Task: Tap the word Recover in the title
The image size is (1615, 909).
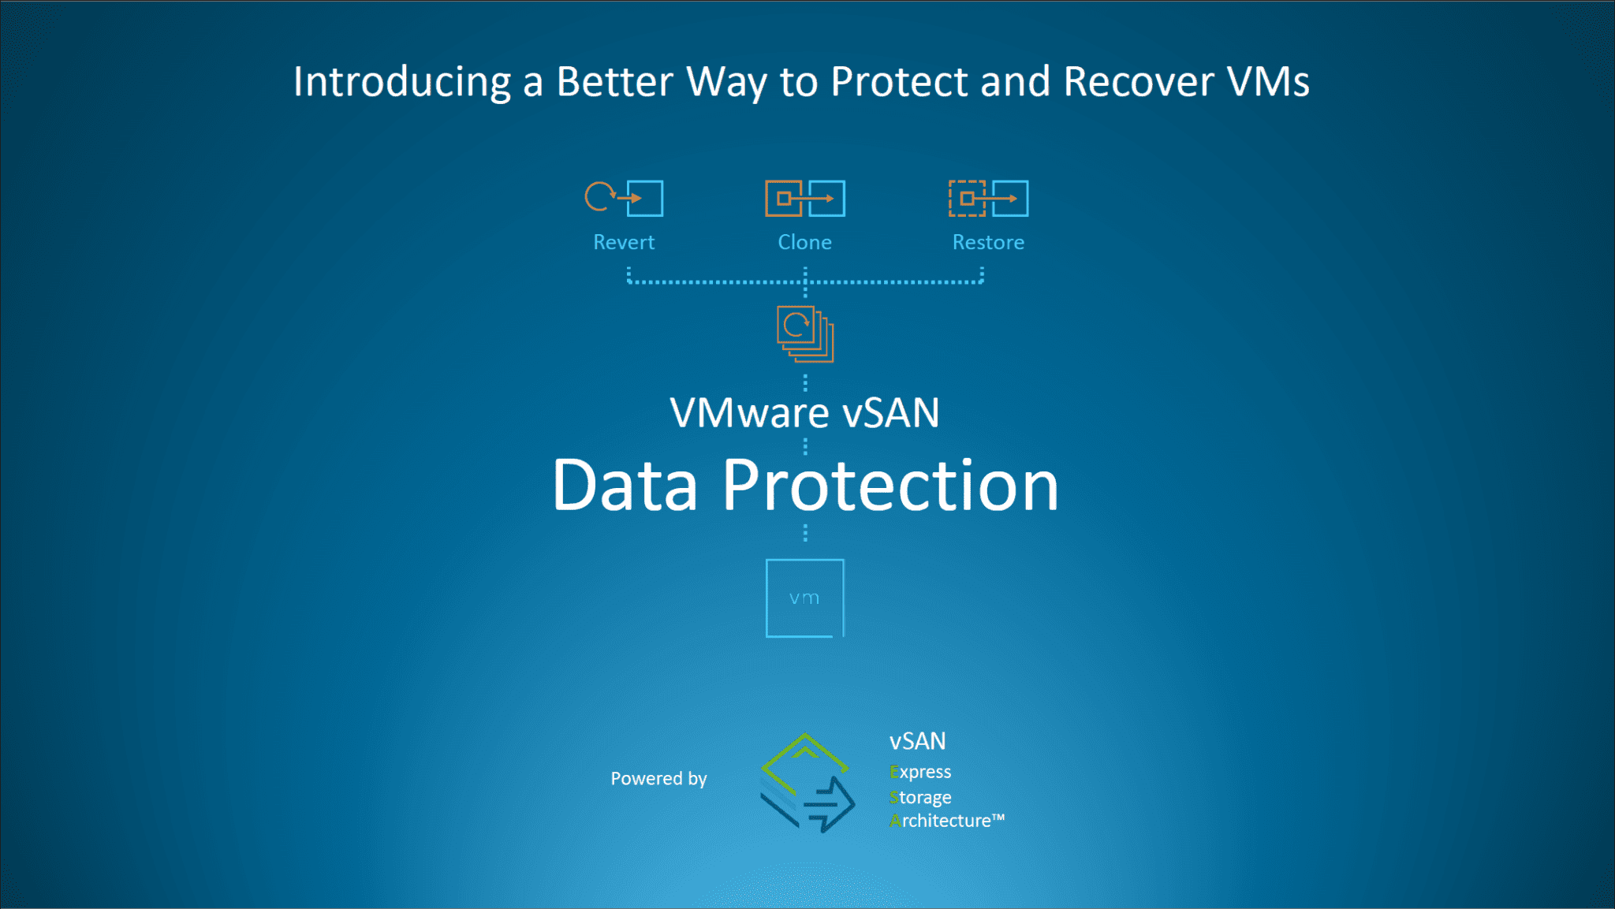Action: pyautogui.click(x=1138, y=82)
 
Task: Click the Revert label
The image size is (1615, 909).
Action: pyautogui.click(x=624, y=242)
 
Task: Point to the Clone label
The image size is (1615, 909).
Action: pyautogui.click(x=804, y=242)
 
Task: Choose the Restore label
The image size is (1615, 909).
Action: pyautogui.click(x=988, y=242)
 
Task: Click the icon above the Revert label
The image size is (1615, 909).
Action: pyautogui.click(x=624, y=198)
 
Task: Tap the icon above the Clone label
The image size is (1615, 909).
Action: pyautogui.click(x=804, y=198)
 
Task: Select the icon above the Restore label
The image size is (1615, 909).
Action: pyautogui.click(x=988, y=198)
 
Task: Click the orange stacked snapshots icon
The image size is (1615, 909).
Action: pyautogui.click(x=804, y=333)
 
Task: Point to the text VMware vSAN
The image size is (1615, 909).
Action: pyautogui.click(x=804, y=412)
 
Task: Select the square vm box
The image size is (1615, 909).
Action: pyautogui.click(x=804, y=598)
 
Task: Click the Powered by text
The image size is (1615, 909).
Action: pyautogui.click(x=658, y=779)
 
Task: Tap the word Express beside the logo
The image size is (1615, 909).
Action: pyautogui.click(x=920, y=772)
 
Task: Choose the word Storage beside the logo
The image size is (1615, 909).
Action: pyautogui.click(x=920, y=797)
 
